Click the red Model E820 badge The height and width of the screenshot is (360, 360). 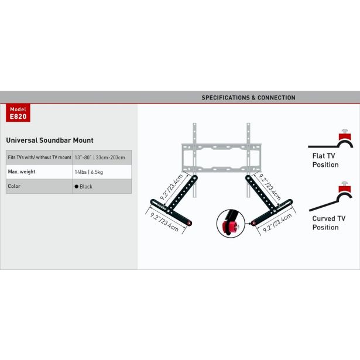18,112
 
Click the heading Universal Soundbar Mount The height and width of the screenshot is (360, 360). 50,140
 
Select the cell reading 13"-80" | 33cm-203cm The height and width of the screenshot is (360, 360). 102,157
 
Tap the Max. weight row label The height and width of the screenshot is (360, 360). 22,172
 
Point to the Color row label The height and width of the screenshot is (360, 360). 14,186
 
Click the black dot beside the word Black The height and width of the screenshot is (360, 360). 77,186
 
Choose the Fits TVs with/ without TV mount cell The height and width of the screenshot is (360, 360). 39,157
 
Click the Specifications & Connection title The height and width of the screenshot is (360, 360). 248,98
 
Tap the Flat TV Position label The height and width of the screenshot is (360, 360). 325,160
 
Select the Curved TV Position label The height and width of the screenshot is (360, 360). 329,223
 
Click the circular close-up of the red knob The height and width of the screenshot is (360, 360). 231,224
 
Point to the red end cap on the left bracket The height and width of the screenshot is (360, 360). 189,223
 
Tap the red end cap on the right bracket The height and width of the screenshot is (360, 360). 253,223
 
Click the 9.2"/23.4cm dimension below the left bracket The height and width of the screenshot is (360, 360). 164,222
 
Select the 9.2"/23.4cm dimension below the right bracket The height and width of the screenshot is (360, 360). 277,223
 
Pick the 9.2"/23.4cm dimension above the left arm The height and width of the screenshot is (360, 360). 172,187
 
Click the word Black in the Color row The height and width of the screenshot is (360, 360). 86,186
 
